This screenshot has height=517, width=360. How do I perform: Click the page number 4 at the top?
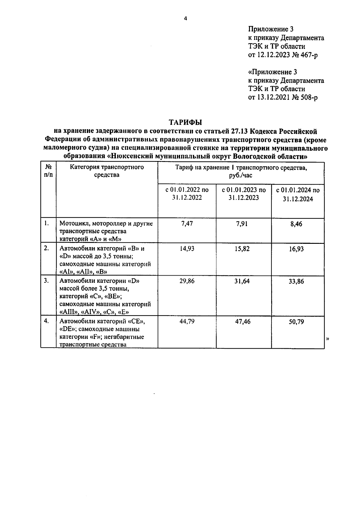point(185,19)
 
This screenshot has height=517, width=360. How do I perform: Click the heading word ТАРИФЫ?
point(185,122)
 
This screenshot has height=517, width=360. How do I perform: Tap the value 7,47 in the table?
point(187,224)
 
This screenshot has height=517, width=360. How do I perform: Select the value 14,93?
point(187,249)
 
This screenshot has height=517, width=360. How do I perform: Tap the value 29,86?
point(187,281)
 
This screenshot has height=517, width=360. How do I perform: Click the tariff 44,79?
point(187,321)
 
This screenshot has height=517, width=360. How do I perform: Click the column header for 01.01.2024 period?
point(298,194)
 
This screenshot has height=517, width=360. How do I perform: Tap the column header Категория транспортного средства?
point(107,171)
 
